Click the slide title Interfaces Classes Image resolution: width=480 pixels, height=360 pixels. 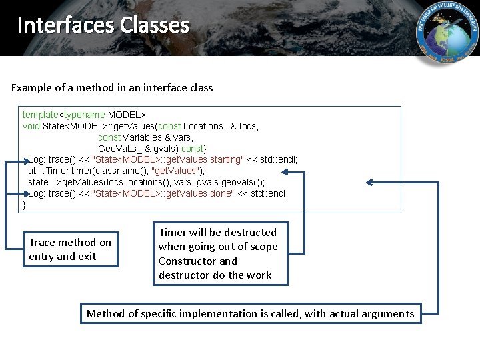click(x=103, y=25)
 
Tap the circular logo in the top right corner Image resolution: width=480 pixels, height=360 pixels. click(x=447, y=33)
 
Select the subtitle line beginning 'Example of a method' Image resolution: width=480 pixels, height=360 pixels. click(x=112, y=87)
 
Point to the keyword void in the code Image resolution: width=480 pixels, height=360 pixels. click(x=31, y=126)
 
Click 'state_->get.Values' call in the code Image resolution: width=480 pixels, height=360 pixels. click(x=69, y=182)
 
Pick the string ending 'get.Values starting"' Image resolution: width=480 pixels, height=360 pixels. click(x=167, y=159)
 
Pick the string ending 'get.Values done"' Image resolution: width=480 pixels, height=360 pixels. click(x=163, y=193)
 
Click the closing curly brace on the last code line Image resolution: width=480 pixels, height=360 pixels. click(x=25, y=205)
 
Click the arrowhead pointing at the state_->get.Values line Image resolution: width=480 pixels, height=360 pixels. click(x=368, y=183)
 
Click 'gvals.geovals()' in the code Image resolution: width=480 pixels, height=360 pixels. click(x=226, y=182)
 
